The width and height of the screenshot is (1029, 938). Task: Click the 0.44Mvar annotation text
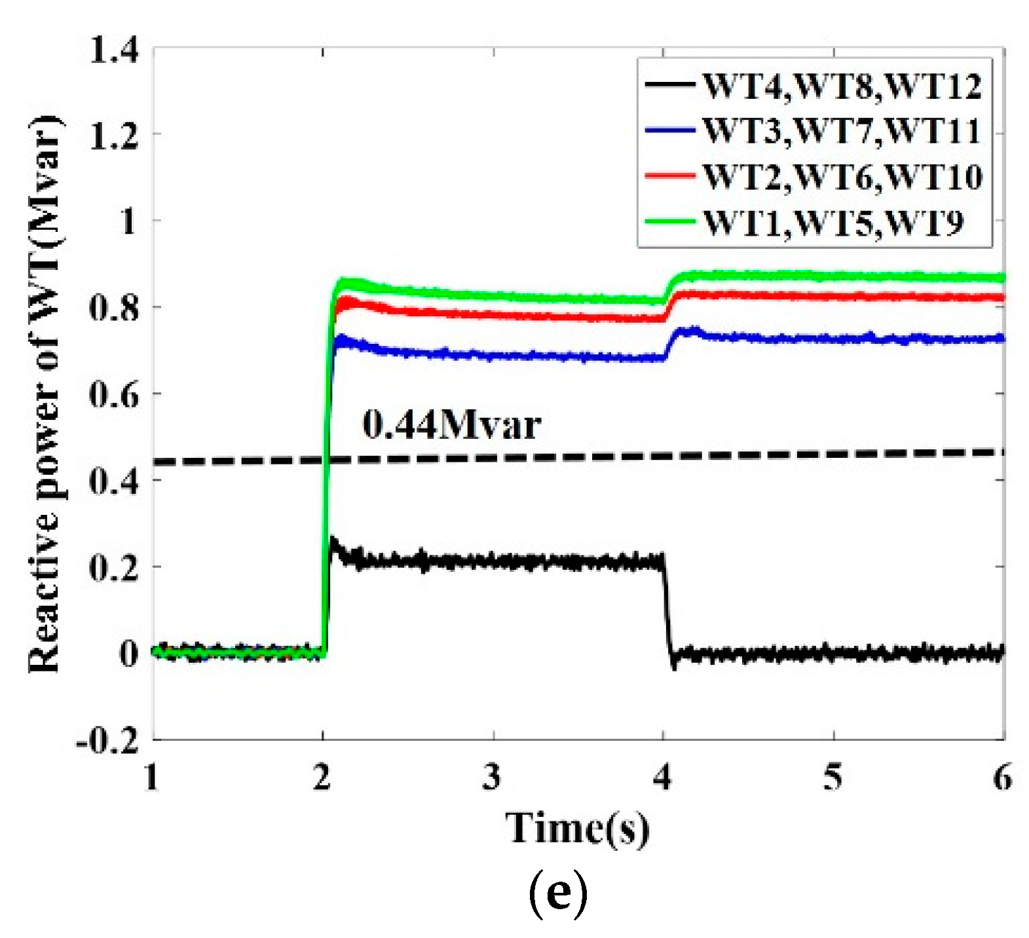[451, 424]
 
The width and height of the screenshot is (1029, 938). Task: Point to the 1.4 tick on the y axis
[115, 50]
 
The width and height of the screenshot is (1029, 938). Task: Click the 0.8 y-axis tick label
[115, 307]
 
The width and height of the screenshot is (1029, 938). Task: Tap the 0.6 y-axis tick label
[115, 394]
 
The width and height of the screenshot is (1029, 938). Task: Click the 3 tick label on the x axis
[492, 777]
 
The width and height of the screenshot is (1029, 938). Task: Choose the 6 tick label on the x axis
[1002, 777]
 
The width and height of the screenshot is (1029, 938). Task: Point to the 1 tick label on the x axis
[152, 777]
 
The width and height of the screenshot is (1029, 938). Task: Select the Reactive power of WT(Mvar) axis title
[45, 393]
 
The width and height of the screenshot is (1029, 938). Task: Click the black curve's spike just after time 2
[333, 542]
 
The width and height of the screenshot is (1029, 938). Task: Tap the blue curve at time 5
[833, 339]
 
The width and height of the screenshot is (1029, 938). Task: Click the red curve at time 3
[493, 315]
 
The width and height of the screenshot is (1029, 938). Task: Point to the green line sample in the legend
[669, 221]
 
